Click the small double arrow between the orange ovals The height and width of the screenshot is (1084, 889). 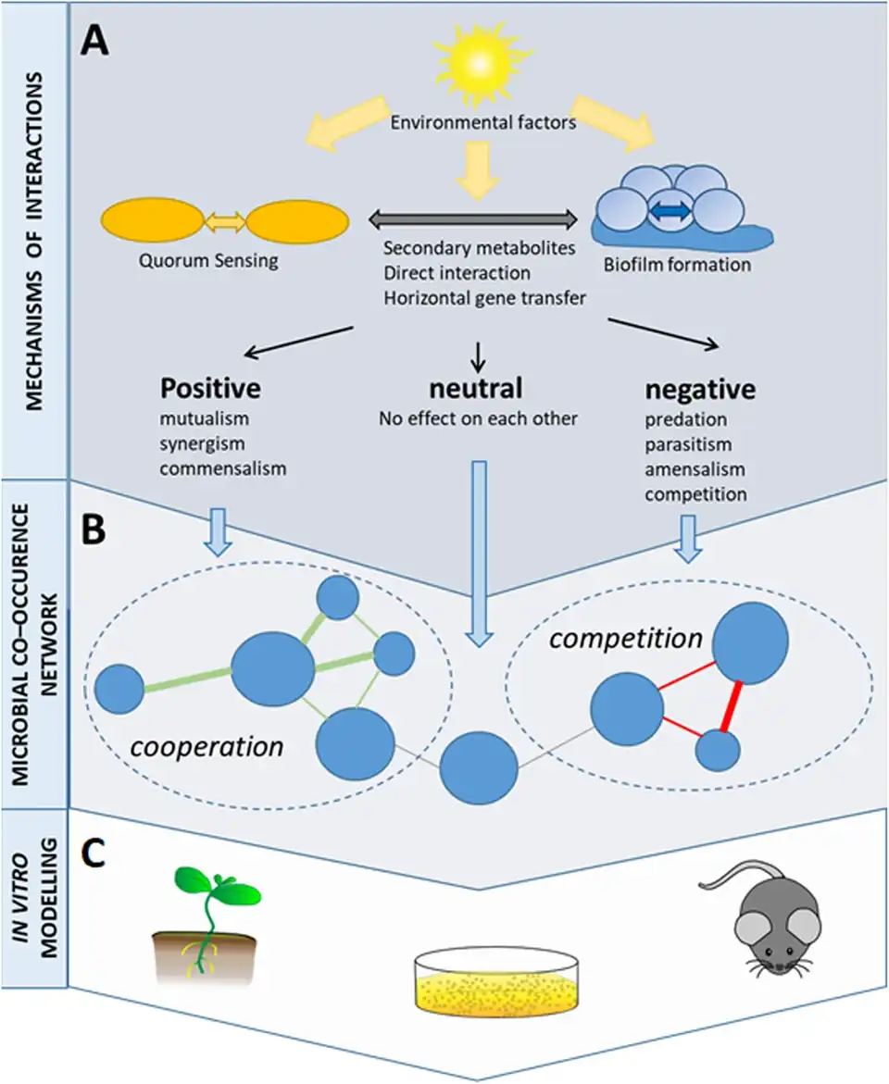tap(225, 221)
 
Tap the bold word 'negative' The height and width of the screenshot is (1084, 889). tap(700, 390)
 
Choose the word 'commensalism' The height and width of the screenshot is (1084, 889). tap(223, 467)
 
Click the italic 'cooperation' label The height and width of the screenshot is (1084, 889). tap(207, 746)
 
